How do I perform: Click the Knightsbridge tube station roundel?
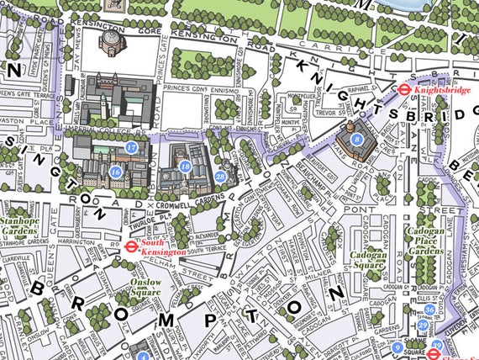(x=404, y=86)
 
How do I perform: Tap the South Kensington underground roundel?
(x=130, y=246)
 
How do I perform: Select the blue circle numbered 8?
(x=357, y=138)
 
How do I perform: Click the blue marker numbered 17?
(x=131, y=147)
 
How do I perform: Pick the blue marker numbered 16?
(x=115, y=172)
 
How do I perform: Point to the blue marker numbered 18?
(x=185, y=167)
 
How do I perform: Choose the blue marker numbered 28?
(x=219, y=176)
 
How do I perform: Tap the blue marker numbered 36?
(x=429, y=310)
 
